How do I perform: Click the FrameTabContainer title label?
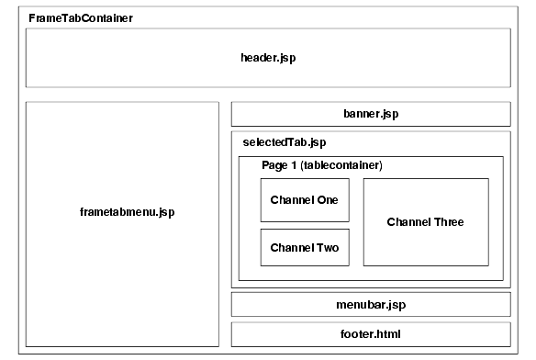[81, 18]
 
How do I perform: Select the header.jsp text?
[267, 57]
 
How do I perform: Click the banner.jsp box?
[370, 114]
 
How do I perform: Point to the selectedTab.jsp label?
[284, 142]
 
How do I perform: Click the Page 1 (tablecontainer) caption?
[321, 165]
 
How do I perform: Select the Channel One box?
[305, 200]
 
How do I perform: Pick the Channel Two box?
[305, 247]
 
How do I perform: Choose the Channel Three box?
[425, 222]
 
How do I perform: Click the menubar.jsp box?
[370, 304]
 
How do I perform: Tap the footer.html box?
[370, 334]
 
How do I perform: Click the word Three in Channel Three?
[449, 222]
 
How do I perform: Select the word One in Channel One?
[328, 200]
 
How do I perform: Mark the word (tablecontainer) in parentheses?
[341, 165]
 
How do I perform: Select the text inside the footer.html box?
[370, 334]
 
